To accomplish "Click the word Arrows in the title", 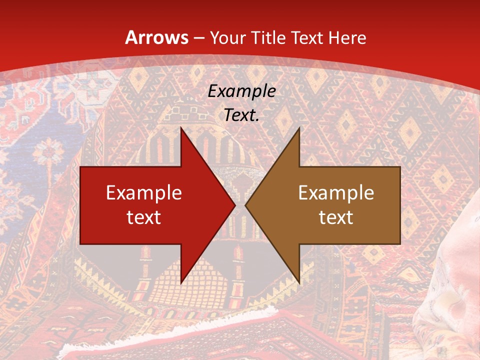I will point(156,38).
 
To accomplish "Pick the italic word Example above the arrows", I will point(241,91).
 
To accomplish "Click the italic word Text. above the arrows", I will point(241,115).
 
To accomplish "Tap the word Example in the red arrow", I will point(144,193).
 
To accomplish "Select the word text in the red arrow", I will point(144,217).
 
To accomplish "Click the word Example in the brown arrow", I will point(336,193).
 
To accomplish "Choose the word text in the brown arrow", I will point(336,217).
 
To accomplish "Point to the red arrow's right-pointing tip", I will point(234,205).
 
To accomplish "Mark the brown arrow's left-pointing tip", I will point(246,205).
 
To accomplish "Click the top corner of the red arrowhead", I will point(181,128).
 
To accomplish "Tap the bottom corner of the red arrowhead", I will point(181,283).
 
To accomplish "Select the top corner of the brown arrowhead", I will point(299,128).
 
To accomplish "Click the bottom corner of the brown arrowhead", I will point(299,283).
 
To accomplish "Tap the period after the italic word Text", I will point(257,120).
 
